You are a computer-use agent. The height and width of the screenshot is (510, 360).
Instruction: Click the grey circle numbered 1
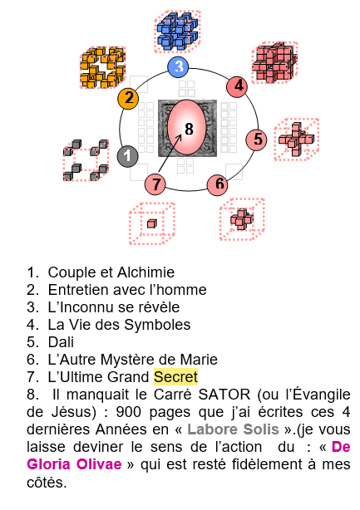pyautogui.click(x=127, y=156)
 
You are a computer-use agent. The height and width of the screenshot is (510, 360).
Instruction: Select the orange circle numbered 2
pyautogui.click(x=128, y=98)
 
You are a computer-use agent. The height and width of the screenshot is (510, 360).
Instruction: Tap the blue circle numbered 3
pyautogui.click(x=179, y=66)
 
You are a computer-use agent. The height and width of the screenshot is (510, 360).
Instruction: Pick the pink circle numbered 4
pyautogui.click(x=237, y=86)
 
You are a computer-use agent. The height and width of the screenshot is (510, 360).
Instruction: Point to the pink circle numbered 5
pyautogui.click(x=257, y=140)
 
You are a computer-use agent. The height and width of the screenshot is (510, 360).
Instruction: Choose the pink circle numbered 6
pyautogui.click(x=218, y=184)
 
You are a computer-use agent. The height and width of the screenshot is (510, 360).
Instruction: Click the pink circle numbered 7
pyautogui.click(x=155, y=184)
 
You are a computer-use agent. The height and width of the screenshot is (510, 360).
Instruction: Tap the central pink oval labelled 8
pyautogui.click(x=187, y=128)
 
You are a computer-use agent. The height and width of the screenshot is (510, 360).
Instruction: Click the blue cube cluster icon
pyautogui.click(x=177, y=32)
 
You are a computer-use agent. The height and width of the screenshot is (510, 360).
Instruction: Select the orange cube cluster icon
pyautogui.click(x=103, y=67)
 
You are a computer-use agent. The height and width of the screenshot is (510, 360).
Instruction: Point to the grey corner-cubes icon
pyautogui.click(x=86, y=160)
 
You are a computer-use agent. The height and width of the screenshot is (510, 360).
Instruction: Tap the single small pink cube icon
pyautogui.click(x=152, y=223)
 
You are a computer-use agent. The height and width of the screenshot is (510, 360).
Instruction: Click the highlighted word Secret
pyautogui.click(x=175, y=376)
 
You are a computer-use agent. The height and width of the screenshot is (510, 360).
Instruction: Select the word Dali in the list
pyautogui.click(x=61, y=342)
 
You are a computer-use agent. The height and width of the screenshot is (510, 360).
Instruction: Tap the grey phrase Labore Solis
pyautogui.click(x=233, y=429)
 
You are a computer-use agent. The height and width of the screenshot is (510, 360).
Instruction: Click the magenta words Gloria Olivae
pyautogui.click(x=74, y=463)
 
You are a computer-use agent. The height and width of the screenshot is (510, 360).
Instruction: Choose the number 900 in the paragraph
pyautogui.click(x=129, y=412)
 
